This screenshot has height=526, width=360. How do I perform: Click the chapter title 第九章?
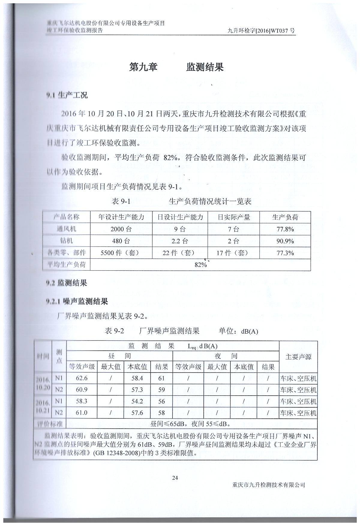[143, 67]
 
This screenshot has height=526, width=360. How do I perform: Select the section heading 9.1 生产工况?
[67, 95]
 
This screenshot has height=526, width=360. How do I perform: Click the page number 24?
[175, 478]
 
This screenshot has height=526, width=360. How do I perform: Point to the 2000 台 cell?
[121, 229]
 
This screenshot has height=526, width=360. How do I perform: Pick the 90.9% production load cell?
[285, 241]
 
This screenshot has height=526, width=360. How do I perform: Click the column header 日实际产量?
[234, 217]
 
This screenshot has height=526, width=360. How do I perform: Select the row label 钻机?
[66, 241]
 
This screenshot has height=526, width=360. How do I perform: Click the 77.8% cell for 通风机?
[285, 229]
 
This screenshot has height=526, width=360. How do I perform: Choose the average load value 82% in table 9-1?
[200, 265]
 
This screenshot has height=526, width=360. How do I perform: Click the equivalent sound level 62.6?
[82, 378]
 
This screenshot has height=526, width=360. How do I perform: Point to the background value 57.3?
[137, 390]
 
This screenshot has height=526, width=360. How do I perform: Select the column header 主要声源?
[298, 357]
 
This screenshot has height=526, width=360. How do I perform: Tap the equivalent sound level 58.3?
[82, 401]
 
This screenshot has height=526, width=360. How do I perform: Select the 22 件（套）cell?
[180, 253]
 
